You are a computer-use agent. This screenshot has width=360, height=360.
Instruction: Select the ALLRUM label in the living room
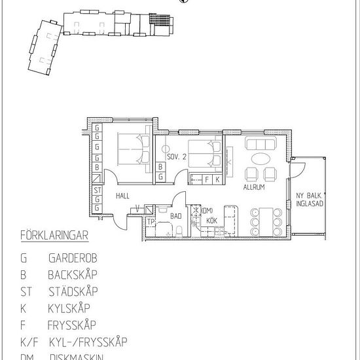254,187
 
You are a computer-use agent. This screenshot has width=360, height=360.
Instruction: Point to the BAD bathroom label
175,215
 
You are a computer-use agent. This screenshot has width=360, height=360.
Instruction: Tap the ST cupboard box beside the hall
96,190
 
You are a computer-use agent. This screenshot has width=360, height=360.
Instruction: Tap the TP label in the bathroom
150,221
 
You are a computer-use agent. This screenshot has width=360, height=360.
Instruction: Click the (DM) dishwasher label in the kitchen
207,210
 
